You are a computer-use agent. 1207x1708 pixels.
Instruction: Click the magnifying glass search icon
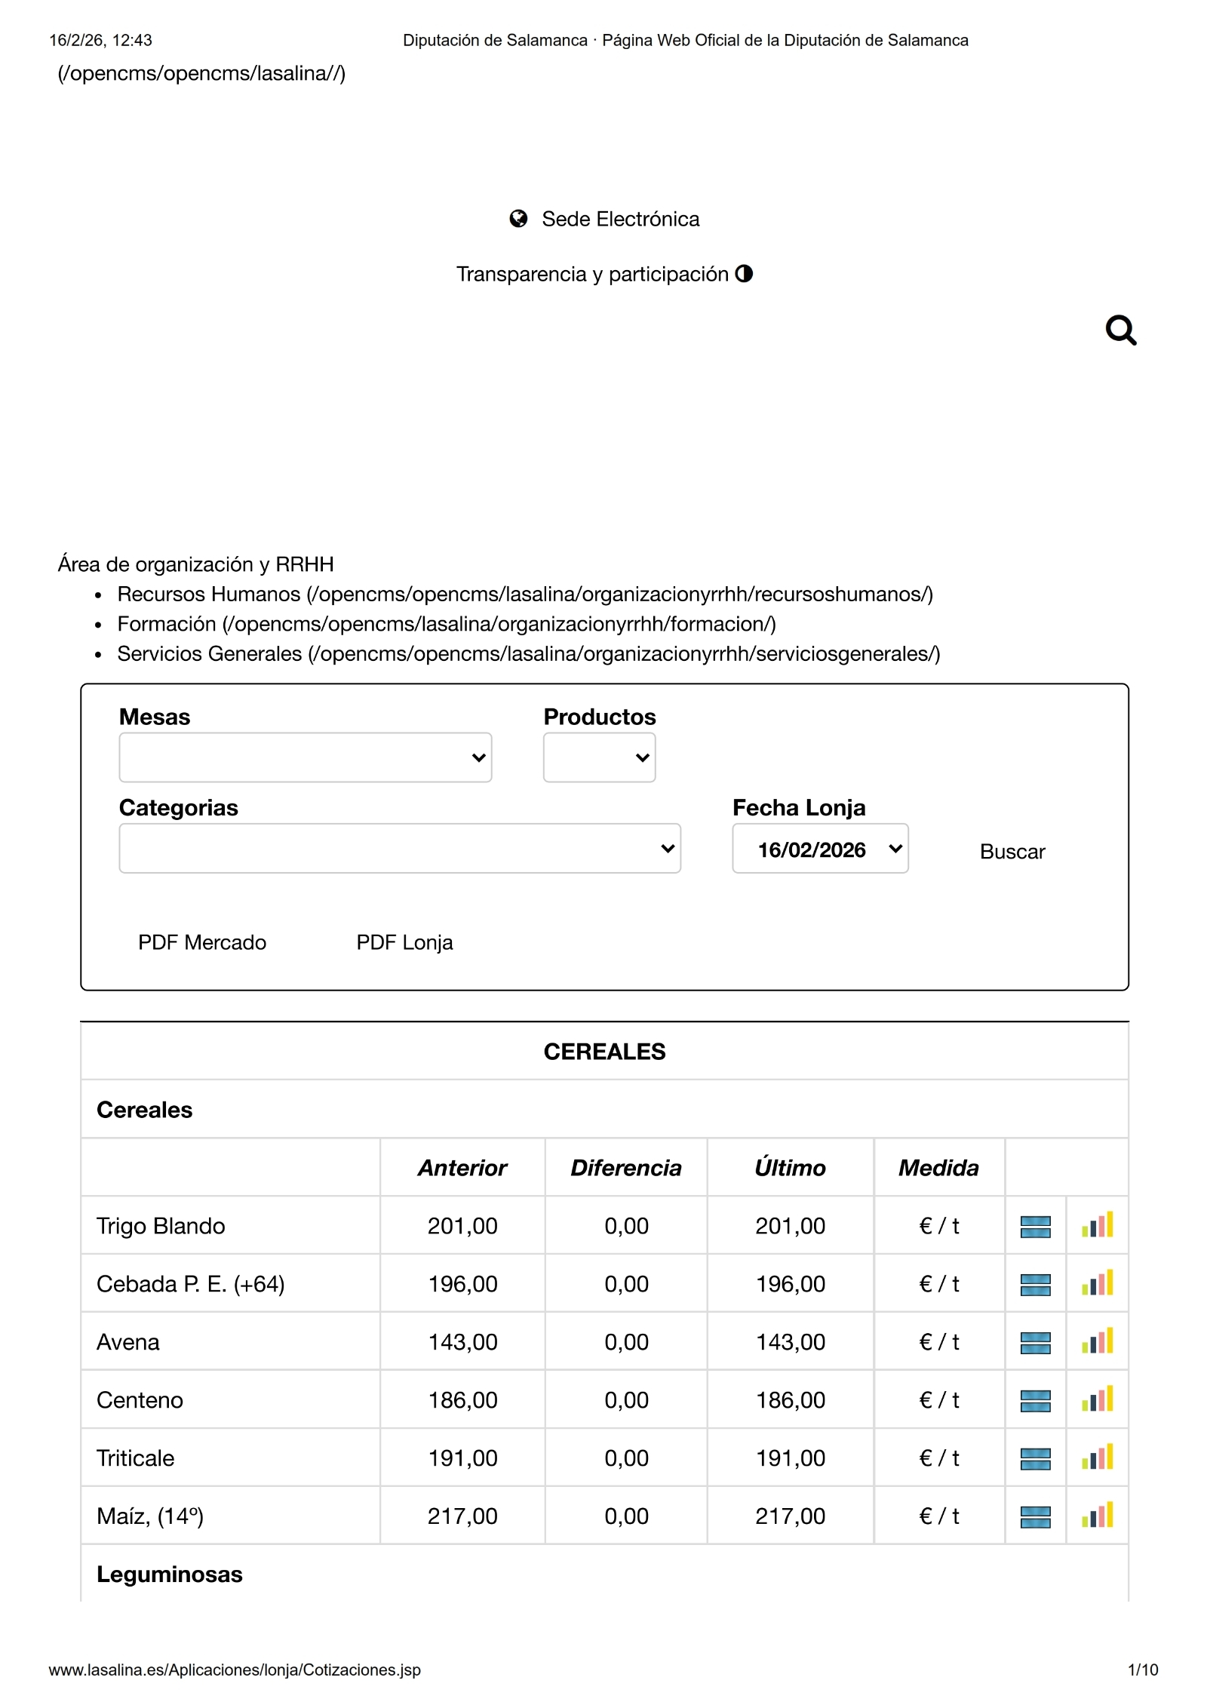click(1120, 330)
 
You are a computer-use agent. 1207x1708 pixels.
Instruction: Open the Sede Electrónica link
click(619, 219)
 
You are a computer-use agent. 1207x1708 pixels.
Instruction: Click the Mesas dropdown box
click(305, 757)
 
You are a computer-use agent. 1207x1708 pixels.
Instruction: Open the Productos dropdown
click(599, 757)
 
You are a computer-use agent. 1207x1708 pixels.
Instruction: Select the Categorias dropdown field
click(399, 849)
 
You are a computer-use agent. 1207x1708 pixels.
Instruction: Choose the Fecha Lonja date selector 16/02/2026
click(820, 849)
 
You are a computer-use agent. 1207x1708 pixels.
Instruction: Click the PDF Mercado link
click(202, 942)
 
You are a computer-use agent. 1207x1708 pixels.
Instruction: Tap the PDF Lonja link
click(404, 942)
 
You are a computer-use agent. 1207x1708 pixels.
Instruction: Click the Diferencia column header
click(625, 1168)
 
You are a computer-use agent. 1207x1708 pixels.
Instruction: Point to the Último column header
click(790, 1168)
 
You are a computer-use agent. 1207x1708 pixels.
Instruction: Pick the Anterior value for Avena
click(462, 1342)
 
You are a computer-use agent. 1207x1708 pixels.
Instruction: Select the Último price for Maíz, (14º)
click(790, 1516)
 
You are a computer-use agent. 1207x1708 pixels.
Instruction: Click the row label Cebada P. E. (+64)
click(191, 1284)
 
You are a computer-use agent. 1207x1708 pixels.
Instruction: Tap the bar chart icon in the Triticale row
click(1097, 1458)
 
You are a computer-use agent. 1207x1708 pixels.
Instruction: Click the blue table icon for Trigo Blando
click(1035, 1227)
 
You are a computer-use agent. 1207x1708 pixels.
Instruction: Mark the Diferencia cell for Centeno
click(626, 1400)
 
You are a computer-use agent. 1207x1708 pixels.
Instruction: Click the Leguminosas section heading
click(170, 1574)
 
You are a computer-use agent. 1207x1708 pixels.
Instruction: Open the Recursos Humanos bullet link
click(524, 594)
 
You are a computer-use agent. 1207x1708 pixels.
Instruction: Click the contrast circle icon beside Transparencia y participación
click(744, 273)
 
